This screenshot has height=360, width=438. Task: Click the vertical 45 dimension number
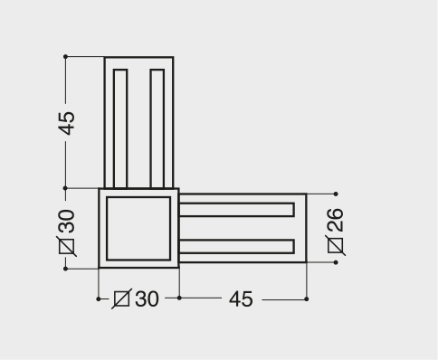(x=66, y=123)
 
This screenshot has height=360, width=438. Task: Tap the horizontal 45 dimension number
(x=241, y=299)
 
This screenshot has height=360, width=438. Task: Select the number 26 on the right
(x=335, y=220)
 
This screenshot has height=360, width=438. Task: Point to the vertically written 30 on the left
(x=66, y=222)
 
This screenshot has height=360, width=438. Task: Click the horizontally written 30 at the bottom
(x=147, y=299)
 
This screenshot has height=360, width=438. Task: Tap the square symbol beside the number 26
(x=335, y=245)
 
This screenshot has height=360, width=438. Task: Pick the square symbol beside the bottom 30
(x=122, y=298)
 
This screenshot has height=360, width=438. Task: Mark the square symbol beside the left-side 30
(x=66, y=246)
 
